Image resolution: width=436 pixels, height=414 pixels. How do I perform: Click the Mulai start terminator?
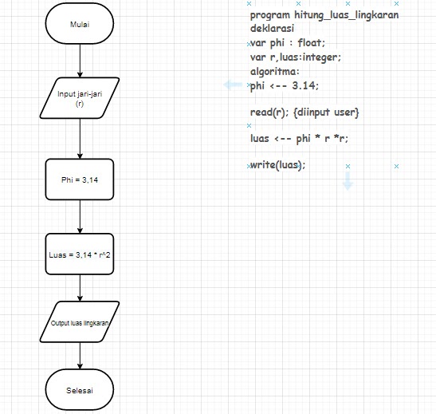[x=80, y=24]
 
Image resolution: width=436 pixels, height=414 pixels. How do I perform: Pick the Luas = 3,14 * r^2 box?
[x=80, y=255]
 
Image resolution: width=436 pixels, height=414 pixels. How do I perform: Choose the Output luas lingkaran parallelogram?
[x=80, y=323]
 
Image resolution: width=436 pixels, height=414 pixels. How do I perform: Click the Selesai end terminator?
[x=80, y=390]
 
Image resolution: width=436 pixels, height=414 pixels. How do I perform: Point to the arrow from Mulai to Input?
[x=80, y=61]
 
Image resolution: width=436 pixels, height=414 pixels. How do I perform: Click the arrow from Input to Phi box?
[x=80, y=139]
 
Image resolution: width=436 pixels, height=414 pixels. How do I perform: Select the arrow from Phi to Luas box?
[x=80, y=216]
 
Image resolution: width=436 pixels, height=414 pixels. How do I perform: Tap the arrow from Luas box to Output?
[x=80, y=288]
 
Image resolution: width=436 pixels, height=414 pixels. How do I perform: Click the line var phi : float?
[x=288, y=43]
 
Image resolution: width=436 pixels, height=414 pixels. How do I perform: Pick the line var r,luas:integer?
[x=295, y=57]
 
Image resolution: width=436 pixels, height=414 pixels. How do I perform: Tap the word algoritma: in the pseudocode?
[x=275, y=71]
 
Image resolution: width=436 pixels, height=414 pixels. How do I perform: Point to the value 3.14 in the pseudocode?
[x=311, y=85]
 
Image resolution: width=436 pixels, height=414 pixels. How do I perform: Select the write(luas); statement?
[x=278, y=165]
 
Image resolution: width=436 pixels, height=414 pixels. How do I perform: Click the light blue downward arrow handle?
[x=348, y=183]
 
